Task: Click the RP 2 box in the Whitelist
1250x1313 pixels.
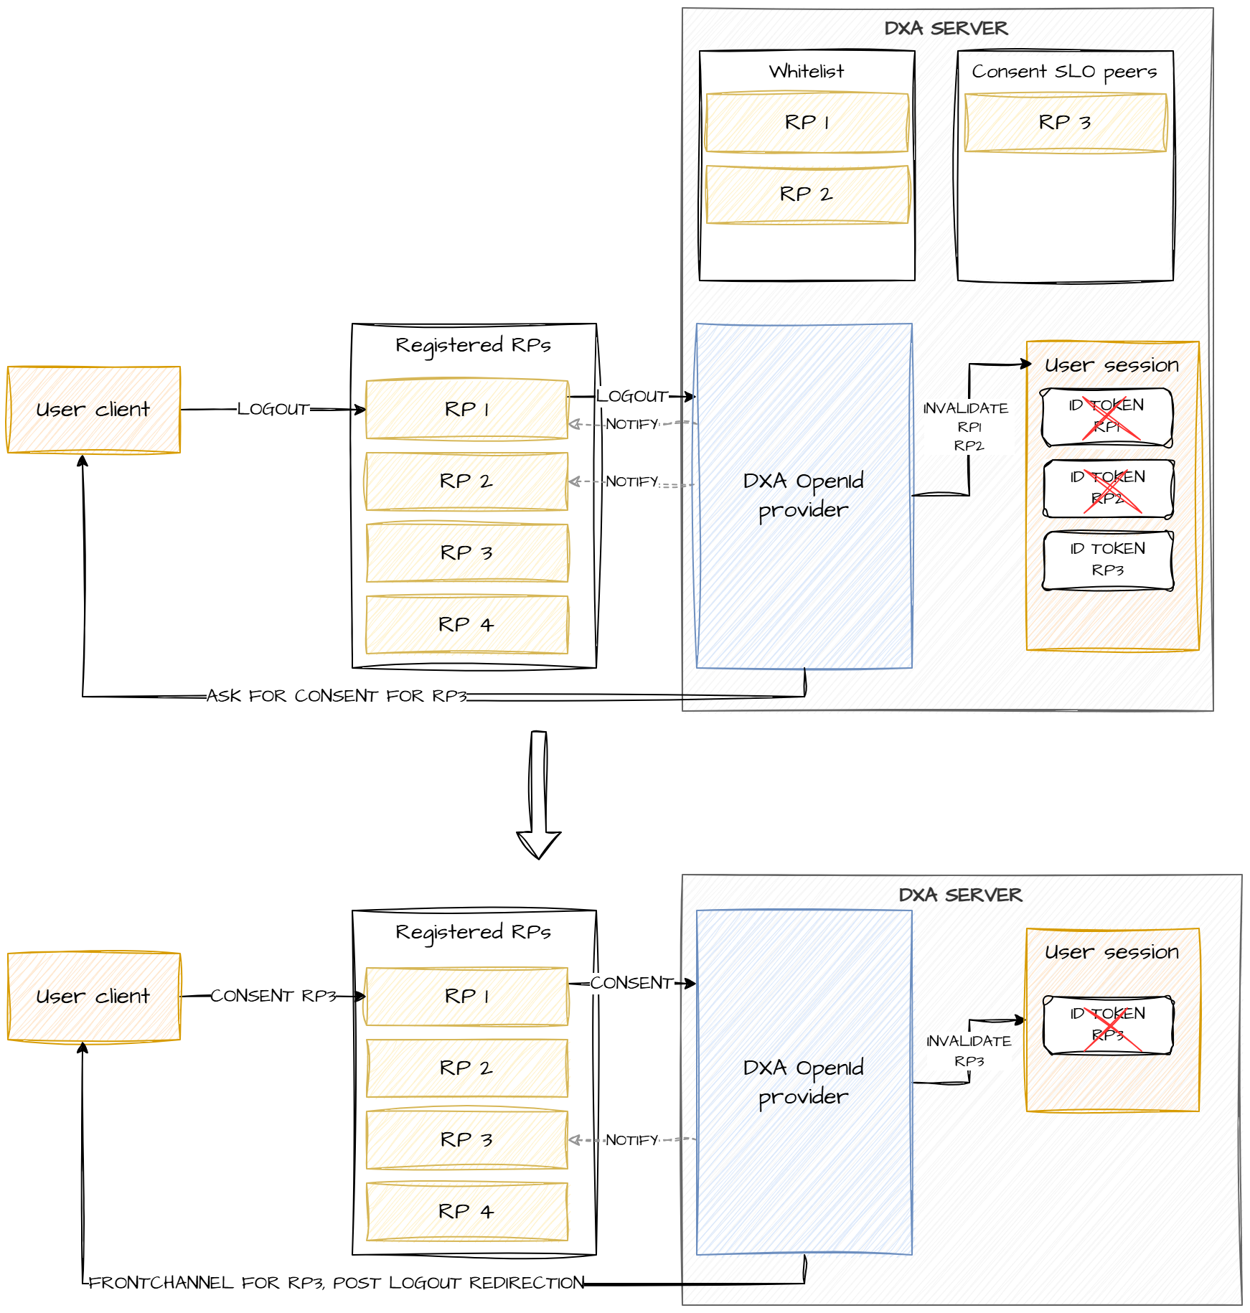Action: coord(807,194)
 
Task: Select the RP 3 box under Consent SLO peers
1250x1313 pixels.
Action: coord(1065,123)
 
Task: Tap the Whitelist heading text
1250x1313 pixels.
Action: coord(807,72)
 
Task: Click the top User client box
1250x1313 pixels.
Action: coord(93,410)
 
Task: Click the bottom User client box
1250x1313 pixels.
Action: coord(93,997)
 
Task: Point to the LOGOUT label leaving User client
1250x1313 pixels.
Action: coord(273,409)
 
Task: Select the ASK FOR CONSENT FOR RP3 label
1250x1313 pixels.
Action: coord(337,696)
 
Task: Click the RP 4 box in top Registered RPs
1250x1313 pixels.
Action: coord(466,625)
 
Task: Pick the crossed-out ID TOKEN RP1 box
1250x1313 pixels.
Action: coord(1107,417)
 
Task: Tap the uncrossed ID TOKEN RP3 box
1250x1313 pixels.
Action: coord(1108,560)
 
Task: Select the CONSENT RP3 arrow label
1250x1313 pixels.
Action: coord(273,996)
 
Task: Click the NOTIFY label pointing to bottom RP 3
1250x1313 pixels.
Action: coord(631,1140)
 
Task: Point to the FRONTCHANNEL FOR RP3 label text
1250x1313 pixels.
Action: coord(337,1283)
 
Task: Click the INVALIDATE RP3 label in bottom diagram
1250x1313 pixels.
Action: coord(969,1050)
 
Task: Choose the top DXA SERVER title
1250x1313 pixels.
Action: coord(946,29)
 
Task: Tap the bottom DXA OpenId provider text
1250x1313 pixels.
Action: coord(804,1082)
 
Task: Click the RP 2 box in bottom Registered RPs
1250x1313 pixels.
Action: coord(466,1068)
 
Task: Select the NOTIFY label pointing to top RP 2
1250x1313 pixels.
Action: coord(631,481)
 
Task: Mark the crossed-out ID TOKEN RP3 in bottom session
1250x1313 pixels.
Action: coord(1108,1025)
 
